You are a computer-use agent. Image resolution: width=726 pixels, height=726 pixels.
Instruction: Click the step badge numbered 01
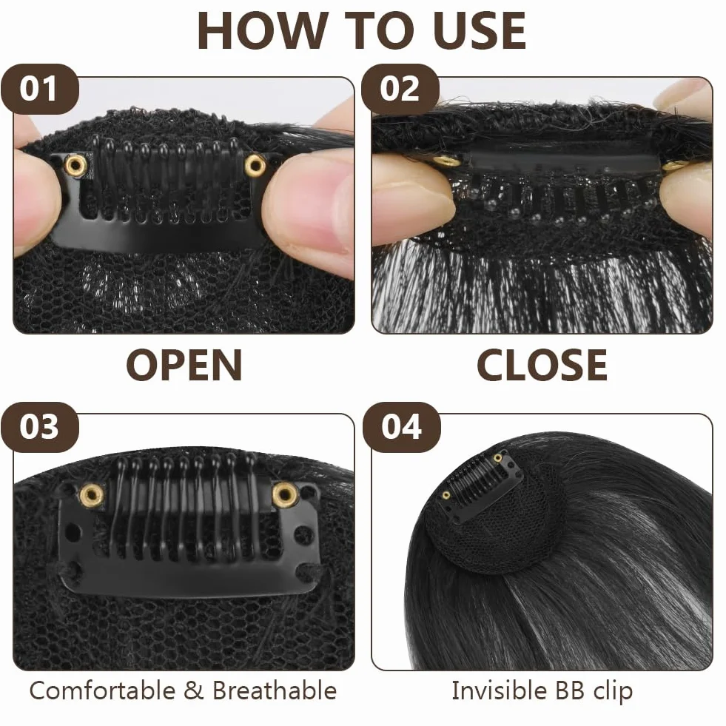point(39,89)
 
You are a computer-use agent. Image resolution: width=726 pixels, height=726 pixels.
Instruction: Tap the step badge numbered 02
point(400,89)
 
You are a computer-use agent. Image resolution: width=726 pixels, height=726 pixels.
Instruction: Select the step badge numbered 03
point(39,427)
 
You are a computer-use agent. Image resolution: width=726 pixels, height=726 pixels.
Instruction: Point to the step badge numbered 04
point(401,427)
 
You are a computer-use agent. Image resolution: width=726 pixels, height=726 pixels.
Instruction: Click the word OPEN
point(184,366)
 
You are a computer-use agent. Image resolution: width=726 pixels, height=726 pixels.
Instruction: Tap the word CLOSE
point(542,366)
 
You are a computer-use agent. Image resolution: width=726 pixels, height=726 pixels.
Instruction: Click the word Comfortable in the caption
point(102,690)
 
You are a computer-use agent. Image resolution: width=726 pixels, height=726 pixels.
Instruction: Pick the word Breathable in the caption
point(275,690)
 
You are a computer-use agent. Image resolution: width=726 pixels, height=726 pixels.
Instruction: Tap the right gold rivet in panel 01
point(255,164)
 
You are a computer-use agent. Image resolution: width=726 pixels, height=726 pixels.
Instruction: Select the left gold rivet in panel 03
point(91,495)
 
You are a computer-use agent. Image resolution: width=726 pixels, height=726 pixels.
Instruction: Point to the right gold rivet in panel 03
point(284,494)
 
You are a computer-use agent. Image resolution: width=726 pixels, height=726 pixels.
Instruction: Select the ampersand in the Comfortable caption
point(194,690)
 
